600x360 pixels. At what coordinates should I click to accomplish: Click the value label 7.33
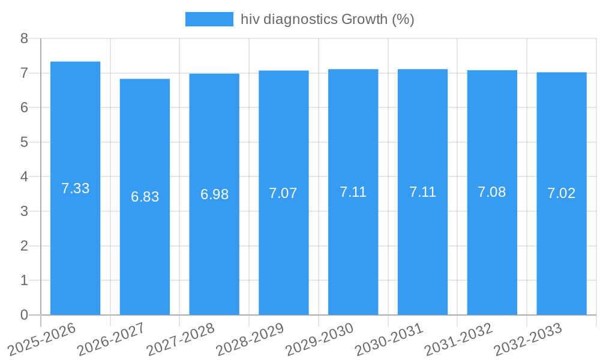point(75,188)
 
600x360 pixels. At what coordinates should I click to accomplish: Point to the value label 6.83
point(145,197)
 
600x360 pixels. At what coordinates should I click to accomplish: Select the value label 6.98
point(214,194)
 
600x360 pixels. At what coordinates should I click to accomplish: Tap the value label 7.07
point(283,193)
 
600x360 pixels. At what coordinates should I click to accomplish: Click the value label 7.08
point(492,192)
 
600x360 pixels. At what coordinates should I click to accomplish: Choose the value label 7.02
point(562,193)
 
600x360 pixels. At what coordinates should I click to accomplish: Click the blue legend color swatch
point(209,19)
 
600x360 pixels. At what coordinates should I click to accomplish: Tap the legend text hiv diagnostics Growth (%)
point(327,19)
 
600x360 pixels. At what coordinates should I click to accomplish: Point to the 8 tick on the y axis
point(24,38)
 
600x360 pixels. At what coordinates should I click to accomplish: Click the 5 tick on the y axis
point(24,142)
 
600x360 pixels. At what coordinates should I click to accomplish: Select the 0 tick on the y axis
point(24,315)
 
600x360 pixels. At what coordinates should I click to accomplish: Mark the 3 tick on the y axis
point(24,211)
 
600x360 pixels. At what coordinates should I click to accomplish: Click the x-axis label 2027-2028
point(180,339)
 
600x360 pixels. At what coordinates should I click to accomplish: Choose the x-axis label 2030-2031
point(389,339)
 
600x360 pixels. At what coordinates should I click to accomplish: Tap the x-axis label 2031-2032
point(458,339)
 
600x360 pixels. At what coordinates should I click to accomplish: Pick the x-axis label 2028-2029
point(250,339)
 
